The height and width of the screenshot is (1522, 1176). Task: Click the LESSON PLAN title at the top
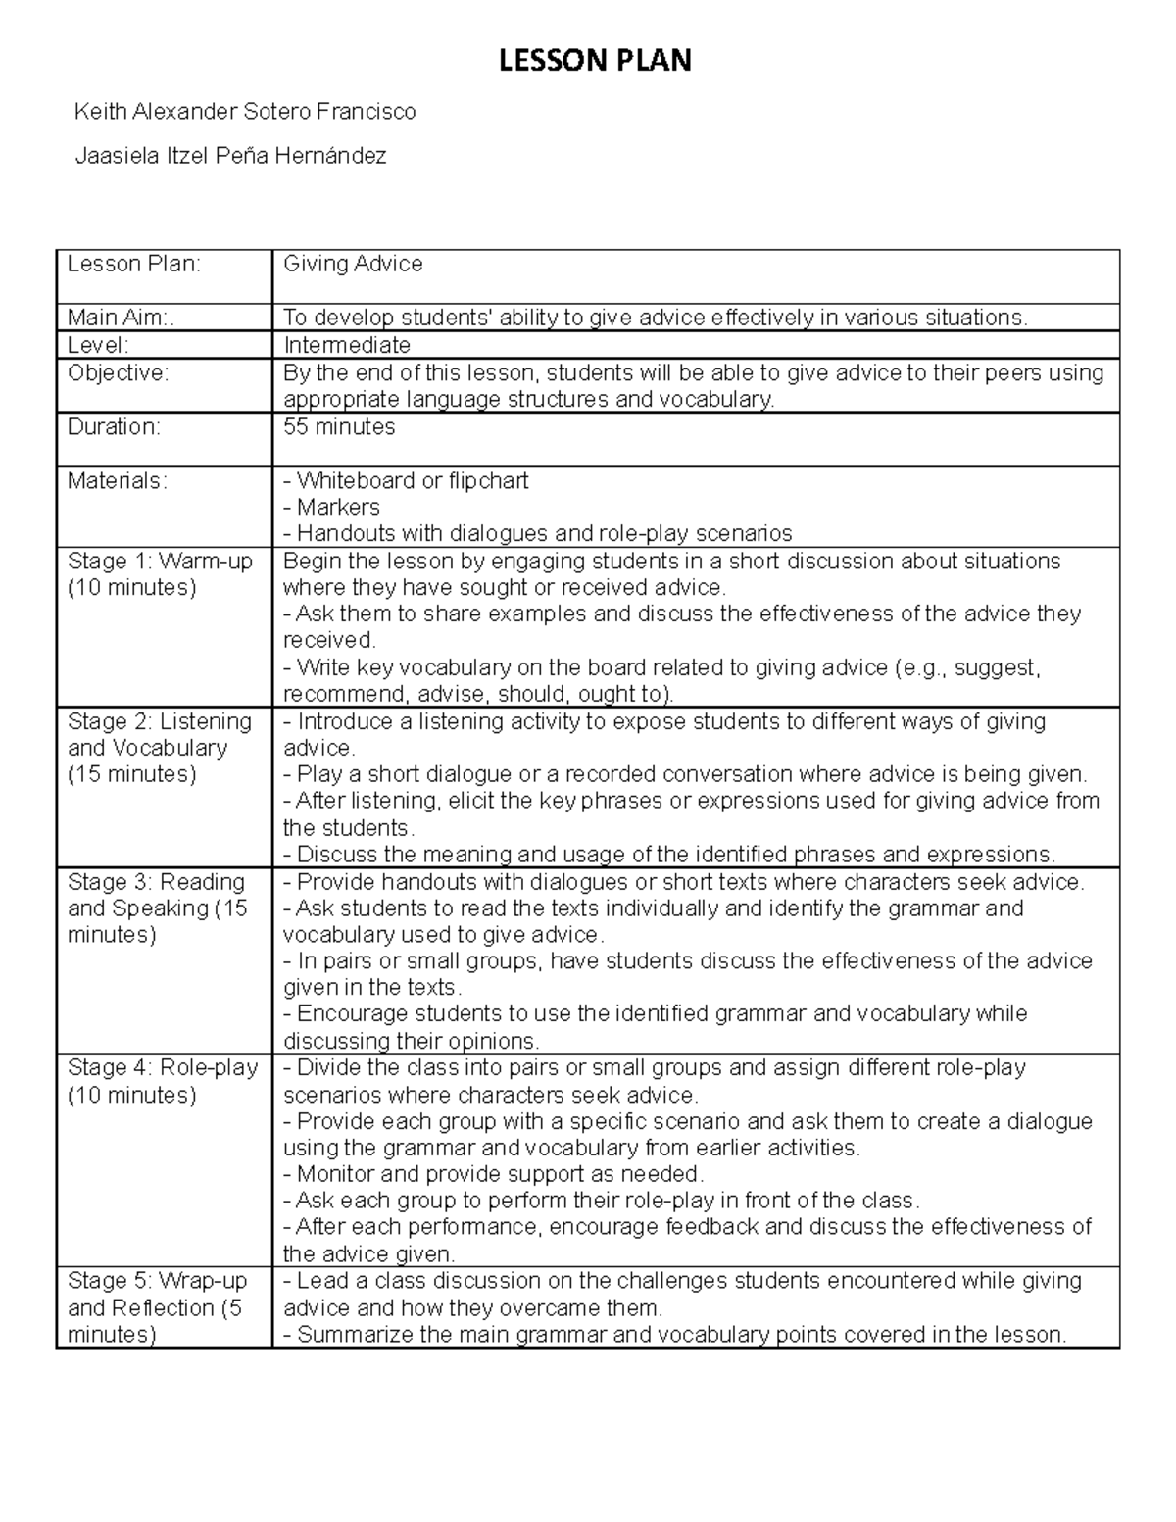(595, 61)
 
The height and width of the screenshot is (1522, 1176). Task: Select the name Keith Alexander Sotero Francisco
(245, 112)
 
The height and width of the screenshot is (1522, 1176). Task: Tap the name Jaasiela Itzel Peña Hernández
(231, 155)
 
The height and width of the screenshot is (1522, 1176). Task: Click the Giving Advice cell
(353, 264)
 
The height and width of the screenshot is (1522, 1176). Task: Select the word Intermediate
(346, 345)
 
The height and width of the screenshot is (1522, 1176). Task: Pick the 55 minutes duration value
(339, 426)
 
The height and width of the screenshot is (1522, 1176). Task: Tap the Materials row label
(117, 480)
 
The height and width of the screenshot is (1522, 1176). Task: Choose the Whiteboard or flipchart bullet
(406, 480)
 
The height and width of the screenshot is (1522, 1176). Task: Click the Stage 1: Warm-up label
(160, 561)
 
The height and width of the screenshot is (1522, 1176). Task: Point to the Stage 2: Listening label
(160, 721)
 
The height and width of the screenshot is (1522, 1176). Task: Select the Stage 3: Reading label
(156, 881)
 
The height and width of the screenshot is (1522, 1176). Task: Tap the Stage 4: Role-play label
(162, 1067)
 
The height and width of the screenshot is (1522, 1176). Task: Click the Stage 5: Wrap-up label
(157, 1281)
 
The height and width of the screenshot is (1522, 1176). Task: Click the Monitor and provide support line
(493, 1174)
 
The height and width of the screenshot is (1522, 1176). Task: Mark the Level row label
(98, 345)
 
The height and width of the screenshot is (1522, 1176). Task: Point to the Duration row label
(113, 426)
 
